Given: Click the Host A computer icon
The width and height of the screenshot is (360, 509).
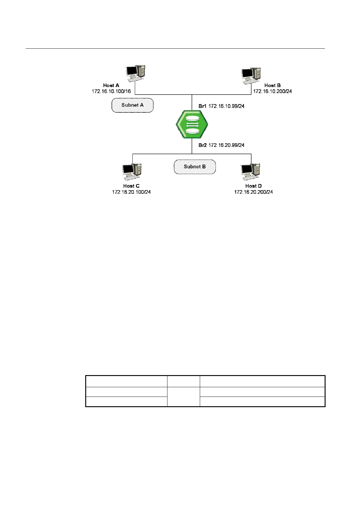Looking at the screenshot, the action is pos(135,73).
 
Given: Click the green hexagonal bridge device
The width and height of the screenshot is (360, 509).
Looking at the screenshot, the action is pos(192,125).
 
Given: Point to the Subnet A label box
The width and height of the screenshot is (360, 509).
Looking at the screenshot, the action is pos(132,105).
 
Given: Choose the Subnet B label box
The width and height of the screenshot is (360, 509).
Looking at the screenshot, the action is pos(195,167).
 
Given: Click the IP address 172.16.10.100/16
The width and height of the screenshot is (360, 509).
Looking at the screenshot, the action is pos(111,91).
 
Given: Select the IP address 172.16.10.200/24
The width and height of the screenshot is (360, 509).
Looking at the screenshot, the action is pos(272,91).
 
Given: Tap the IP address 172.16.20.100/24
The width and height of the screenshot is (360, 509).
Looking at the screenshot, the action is pos(131,192).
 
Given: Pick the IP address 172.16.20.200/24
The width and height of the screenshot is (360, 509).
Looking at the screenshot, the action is pos(253,192).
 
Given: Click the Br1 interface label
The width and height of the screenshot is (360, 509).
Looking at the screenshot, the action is pos(203,106).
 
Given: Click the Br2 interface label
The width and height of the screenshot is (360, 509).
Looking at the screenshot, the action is pos(203,145).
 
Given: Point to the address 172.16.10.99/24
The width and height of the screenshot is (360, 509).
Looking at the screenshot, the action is pos(226,106).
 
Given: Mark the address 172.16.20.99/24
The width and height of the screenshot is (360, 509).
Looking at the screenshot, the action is pos(226,145).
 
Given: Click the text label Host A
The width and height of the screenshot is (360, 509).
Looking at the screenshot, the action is pos(111,86).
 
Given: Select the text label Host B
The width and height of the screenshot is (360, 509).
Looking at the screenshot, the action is pos(272,86).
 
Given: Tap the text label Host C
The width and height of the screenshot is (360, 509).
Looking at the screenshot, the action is pos(131,186).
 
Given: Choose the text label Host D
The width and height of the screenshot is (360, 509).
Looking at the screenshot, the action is pos(253,186).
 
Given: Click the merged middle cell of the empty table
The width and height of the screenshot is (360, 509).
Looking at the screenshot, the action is pos(183,397).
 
